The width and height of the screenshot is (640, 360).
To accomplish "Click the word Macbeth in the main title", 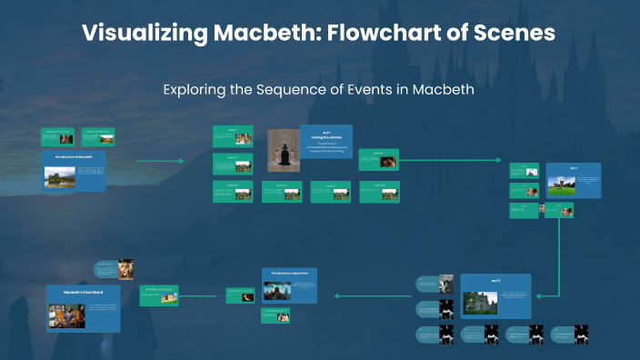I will [241, 35].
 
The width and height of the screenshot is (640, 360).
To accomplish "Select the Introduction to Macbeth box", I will [75, 170].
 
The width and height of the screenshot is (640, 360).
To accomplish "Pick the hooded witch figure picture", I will [284, 151].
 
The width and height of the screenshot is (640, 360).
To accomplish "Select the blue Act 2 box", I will [574, 185].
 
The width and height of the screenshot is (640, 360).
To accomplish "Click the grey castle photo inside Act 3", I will [479, 302].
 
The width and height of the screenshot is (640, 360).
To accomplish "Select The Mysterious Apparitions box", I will [289, 285].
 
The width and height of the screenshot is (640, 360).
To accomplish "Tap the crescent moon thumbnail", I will [245, 295].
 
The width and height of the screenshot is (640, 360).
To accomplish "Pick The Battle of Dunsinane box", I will [159, 294].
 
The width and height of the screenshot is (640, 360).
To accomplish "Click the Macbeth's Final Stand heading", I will [83, 293].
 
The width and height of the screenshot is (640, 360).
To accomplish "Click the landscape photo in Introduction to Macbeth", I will [59, 175].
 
